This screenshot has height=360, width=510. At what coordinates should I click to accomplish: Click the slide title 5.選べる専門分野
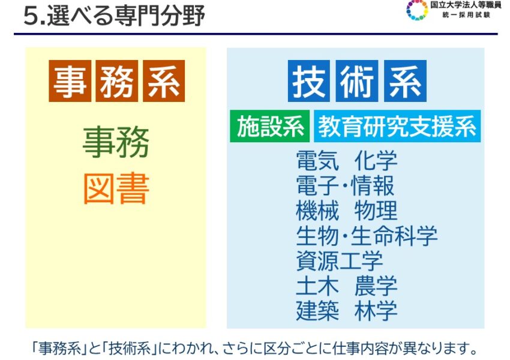click(x=114, y=16)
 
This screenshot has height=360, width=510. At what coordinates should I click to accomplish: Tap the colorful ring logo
click(x=417, y=10)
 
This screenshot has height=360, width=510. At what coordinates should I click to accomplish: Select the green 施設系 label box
click(x=269, y=126)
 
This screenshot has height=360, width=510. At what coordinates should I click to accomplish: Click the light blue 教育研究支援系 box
click(x=397, y=126)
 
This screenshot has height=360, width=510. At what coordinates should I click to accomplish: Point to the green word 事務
click(x=116, y=142)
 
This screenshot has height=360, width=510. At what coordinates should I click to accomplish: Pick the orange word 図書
click(x=116, y=188)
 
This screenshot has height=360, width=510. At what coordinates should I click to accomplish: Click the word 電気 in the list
click(x=317, y=160)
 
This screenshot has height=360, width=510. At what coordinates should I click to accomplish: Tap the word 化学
click(x=376, y=160)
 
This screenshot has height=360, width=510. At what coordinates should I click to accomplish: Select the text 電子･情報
click(x=345, y=185)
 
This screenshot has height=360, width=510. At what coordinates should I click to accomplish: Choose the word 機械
click(x=317, y=211)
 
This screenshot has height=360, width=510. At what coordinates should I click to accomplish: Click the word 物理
click(x=376, y=211)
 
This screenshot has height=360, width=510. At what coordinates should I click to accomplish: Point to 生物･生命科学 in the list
click(x=367, y=235)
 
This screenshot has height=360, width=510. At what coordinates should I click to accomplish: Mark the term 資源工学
click(x=339, y=260)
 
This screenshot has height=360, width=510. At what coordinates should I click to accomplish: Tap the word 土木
click(x=317, y=286)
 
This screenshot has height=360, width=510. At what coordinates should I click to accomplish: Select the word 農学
click(x=376, y=286)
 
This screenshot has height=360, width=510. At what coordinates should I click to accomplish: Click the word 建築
click(x=317, y=311)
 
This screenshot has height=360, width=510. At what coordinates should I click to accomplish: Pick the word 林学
click(x=376, y=311)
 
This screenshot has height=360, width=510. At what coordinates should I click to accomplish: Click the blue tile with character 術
click(x=357, y=81)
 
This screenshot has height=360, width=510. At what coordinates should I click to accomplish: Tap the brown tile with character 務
click(x=117, y=81)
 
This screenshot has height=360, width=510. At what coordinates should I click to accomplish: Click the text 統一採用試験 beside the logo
click(x=466, y=15)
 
